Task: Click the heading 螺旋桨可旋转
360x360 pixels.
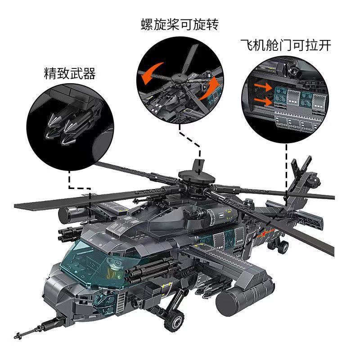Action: click(x=180, y=25)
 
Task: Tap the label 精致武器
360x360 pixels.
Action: click(x=70, y=73)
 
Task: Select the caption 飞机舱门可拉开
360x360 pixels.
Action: click(x=286, y=45)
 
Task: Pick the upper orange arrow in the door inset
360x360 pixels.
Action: click(x=263, y=87)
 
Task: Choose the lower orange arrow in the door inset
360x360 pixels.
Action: click(x=263, y=101)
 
